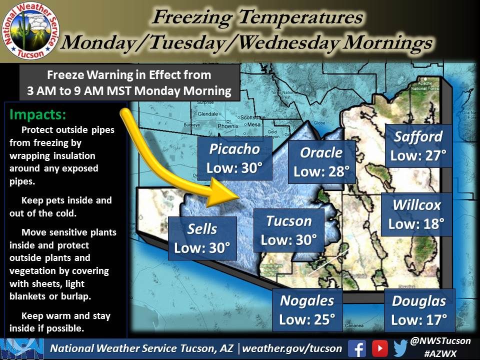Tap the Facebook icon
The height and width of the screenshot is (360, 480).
coord(356,348)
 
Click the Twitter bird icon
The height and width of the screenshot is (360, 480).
coord(400,348)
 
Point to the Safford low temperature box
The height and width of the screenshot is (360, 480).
coord(418,146)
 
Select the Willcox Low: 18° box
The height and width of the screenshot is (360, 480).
coord(416,214)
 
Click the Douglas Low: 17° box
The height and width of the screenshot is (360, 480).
coord(419,310)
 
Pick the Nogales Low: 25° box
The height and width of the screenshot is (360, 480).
coord(307,310)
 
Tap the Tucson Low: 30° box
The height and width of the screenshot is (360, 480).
coord(289,230)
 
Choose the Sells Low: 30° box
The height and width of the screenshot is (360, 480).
coord(202,238)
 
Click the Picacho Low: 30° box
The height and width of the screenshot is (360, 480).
coord(234,158)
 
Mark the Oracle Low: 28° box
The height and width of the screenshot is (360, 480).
coord(321,161)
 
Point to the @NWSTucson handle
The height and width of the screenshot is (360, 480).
coord(439,341)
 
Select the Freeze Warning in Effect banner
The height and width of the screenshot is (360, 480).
coord(129,83)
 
